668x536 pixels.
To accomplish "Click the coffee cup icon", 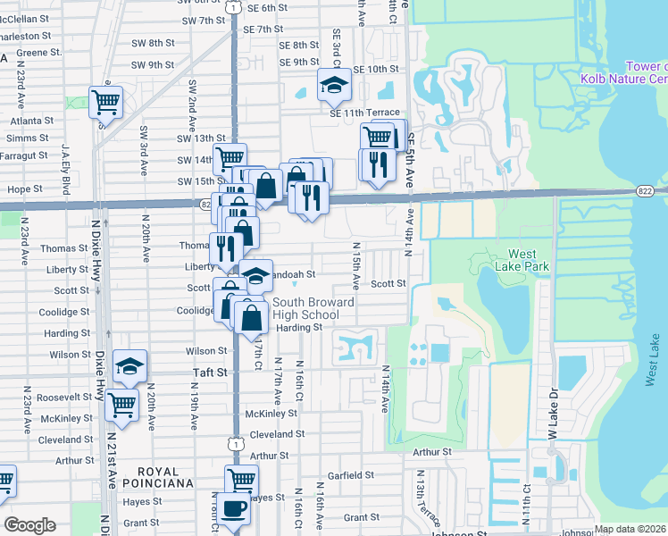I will [234, 508].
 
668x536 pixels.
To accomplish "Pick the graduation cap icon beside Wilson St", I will [129, 365].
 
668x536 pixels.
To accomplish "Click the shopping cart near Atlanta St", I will [106, 101].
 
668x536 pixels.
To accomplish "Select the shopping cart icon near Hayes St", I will [241, 479].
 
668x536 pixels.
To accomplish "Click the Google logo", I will [30, 525].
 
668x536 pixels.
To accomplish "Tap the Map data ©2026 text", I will [630, 529].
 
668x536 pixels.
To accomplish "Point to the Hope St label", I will [25, 189].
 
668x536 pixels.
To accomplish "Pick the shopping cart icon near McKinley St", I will [121, 405].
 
